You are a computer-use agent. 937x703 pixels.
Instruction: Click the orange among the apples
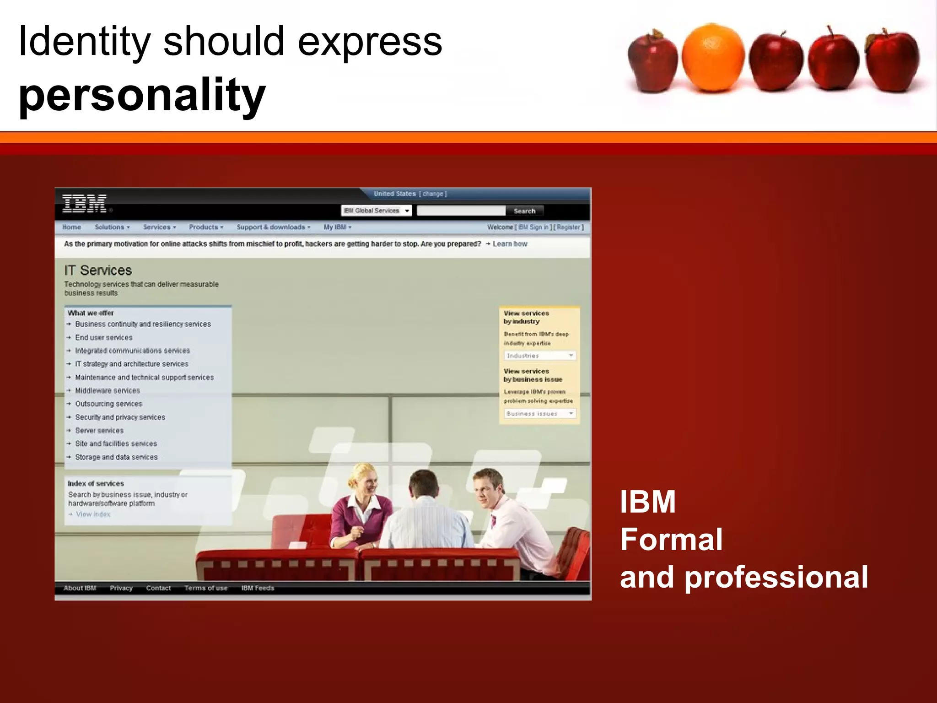click(713, 58)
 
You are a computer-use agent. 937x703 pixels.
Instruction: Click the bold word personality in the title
click(142, 95)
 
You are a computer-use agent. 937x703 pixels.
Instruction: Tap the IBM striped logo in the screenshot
click(85, 203)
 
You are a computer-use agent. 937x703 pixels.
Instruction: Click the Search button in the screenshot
click(524, 211)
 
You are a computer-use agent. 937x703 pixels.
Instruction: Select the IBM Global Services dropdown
click(376, 211)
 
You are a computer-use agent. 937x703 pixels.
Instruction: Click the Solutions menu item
click(112, 227)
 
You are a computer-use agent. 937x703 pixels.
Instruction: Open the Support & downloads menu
click(273, 227)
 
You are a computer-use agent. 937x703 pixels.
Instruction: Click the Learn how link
click(510, 244)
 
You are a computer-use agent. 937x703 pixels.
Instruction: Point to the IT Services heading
click(98, 270)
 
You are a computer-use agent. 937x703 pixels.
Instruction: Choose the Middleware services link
click(108, 391)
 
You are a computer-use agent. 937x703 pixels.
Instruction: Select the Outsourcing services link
click(108, 404)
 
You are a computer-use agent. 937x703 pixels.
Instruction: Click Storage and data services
click(116, 457)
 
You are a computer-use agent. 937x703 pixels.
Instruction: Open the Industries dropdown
click(540, 356)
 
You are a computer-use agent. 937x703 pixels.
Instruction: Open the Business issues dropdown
click(540, 414)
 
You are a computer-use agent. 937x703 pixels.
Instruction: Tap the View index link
click(93, 514)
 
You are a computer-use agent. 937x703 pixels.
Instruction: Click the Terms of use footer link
click(206, 588)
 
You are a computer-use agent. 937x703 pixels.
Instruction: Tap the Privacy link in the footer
click(121, 588)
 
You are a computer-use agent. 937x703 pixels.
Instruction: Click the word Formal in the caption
click(671, 540)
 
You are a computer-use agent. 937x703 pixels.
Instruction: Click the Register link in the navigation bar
click(568, 227)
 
